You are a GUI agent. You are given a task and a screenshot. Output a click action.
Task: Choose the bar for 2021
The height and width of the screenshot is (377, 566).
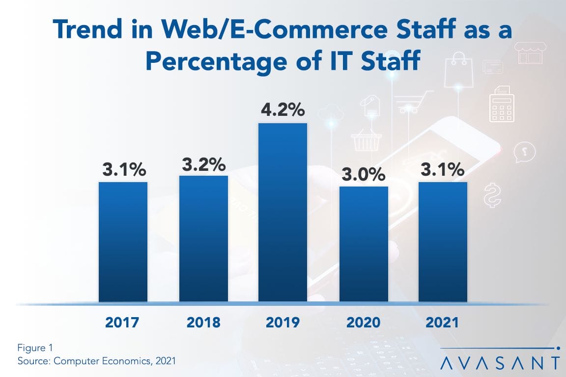point(443,242)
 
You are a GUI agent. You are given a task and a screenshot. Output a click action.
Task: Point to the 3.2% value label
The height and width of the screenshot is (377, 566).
point(203,163)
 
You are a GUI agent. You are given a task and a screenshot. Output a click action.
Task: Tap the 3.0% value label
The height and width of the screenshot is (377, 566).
point(364,174)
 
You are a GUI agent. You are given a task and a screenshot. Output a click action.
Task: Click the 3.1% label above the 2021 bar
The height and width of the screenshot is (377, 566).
point(443,170)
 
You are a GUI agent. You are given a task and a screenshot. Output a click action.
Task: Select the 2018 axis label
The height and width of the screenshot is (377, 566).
point(203,323)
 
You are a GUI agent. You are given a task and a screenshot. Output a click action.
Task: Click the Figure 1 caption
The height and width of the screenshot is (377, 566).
point(34,349)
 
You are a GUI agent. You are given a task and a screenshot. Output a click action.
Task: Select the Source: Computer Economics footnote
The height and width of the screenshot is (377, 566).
point(96,361)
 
